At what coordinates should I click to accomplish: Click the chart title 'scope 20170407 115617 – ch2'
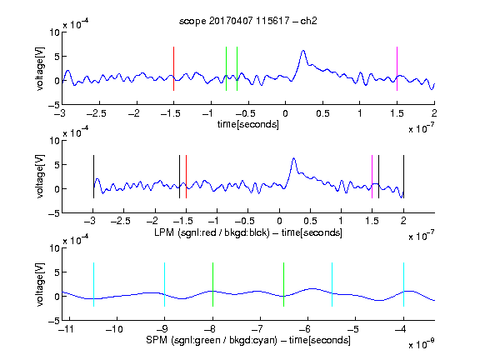point(247,21)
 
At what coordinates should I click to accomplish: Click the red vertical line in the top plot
point(173,69)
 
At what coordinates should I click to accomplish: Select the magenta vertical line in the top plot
point(397,69)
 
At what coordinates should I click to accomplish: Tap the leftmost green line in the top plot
point(226,69)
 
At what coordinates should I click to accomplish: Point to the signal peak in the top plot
point(303,51)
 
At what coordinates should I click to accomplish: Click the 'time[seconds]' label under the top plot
point(248,125)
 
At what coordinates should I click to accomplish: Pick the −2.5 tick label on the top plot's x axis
point(97,113)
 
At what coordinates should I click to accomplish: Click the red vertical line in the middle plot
point(186,177)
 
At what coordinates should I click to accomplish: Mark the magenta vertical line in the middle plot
point(372,177)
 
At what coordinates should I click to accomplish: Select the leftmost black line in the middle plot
point(93,177)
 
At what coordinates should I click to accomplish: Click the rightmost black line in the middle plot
point(403,177)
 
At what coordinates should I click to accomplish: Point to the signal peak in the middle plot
point(294,158)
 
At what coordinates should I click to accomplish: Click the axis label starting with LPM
point(248,232)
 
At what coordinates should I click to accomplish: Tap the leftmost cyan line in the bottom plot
point(93,284)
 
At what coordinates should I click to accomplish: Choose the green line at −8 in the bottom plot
point(212,284)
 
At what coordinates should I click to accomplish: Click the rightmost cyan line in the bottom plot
point(403,284)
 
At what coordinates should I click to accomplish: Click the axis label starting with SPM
point(248,340)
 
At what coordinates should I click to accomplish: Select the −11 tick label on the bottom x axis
point(67,329)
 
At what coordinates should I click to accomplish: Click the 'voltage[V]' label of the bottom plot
point(40,284)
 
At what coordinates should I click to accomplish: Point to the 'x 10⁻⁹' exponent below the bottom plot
point(422,344)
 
